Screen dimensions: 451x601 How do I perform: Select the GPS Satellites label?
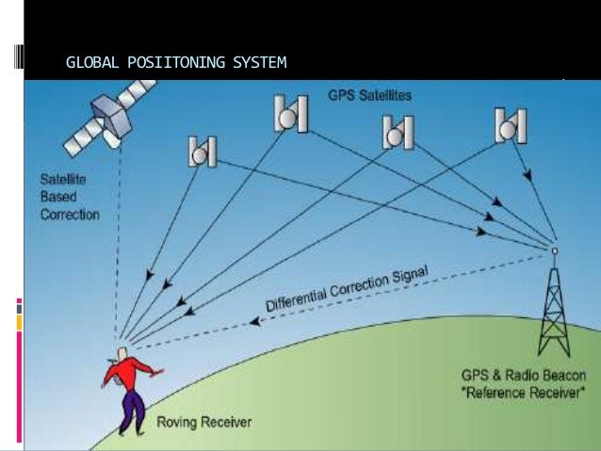(369, 95)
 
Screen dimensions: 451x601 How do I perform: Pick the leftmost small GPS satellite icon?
(203, 150)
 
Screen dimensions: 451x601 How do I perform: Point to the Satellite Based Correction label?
(68, 196)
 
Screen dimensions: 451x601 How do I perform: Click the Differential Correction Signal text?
(347, 288)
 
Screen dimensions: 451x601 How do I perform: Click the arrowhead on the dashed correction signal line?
(256, 321)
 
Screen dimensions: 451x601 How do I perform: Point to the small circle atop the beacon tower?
(554, 250)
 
